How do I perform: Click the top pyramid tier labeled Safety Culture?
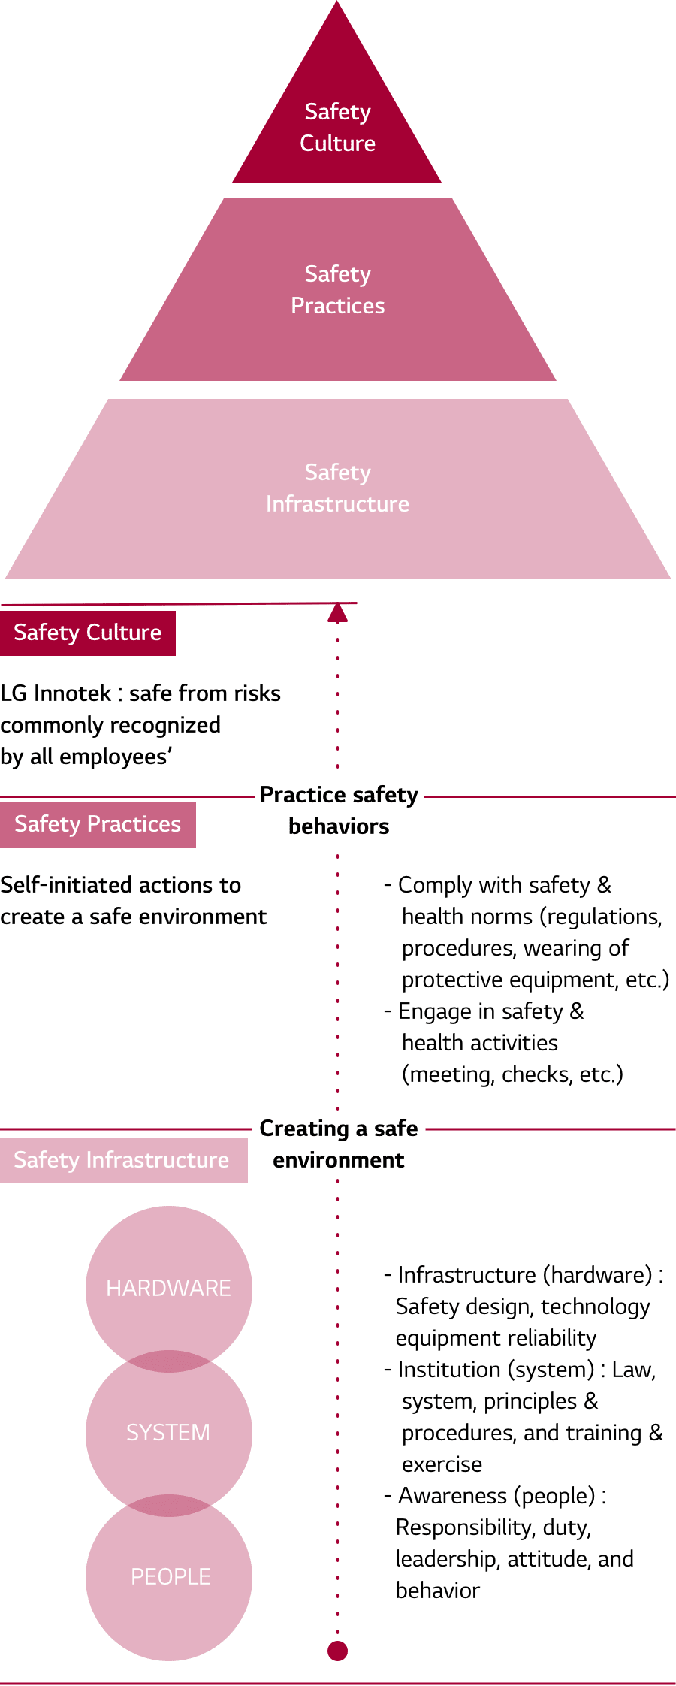tap(337, 128)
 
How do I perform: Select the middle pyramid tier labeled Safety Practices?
tap(337, 290)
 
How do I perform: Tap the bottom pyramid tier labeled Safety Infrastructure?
tap(337, 488)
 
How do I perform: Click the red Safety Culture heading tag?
tap(87, 633)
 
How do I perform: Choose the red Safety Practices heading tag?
tap(98, 824)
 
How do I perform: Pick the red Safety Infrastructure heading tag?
tap(122, 1160)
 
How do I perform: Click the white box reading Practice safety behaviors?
tap(339, 811)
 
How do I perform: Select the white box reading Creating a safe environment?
tap(339, 1144)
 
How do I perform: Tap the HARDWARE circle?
tap(168, 1288)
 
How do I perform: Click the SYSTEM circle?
tap(168, 1432)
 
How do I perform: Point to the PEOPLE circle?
tap(170, 1576)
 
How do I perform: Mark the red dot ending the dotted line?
tap(338, 1651)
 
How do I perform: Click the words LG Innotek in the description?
tap(55, 693)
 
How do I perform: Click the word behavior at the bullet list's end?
tap(437, 1591)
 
